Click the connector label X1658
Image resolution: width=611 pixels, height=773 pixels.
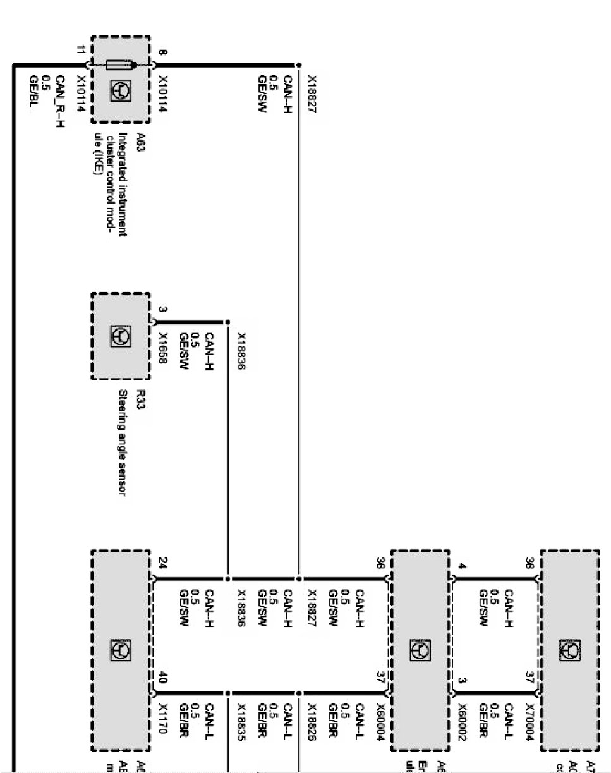[x=163, y=346]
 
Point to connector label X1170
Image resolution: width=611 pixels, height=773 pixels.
[x=163, y=719]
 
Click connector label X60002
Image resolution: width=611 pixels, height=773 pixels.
[x=462, y=720]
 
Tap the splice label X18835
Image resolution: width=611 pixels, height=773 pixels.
[x=241, y=719]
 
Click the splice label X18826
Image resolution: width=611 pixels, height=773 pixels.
[x=311, y=719]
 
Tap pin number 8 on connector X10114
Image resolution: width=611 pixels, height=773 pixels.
[x=163, y=53]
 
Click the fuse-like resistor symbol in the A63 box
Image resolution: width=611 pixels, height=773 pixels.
[x=120, y=64]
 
